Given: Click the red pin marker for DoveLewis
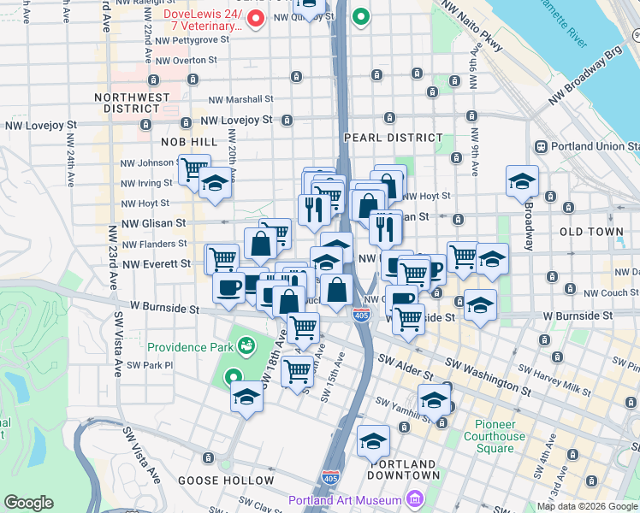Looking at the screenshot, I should coord(254,18).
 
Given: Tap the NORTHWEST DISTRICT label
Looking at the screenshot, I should coord(133,103).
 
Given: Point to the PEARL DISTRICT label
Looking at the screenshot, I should coord(394,138).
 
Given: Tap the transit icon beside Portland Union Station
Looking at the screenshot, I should coord(541,147).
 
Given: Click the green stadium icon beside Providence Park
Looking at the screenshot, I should coord(247,345).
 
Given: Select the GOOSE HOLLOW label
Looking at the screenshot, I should coord(226,481).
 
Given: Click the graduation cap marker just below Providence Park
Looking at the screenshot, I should coord(247,397).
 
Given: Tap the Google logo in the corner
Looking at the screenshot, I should coord(28,503).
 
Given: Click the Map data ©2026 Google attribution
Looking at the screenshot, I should coord(587,506).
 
